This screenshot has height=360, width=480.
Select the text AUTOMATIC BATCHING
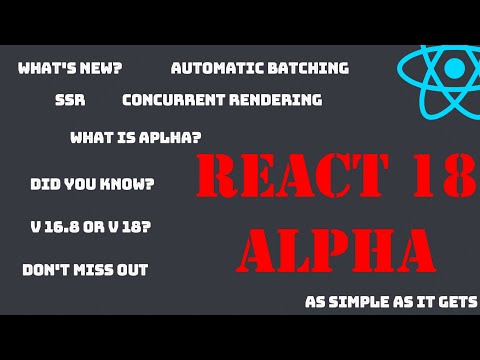(x=260, y=68)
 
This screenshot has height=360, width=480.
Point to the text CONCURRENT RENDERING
(x=222, y=100)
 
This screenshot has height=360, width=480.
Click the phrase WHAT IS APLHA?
(x=136, y=137)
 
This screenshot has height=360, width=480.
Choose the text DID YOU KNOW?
(x=92, y=184)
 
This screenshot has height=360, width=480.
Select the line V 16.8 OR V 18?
(x=91, y=227)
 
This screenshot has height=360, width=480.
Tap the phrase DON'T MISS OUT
(x=85, y=270)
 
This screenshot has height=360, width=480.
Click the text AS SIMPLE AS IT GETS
(x=391, y=302)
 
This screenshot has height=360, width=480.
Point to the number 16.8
(x=63, y=227)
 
